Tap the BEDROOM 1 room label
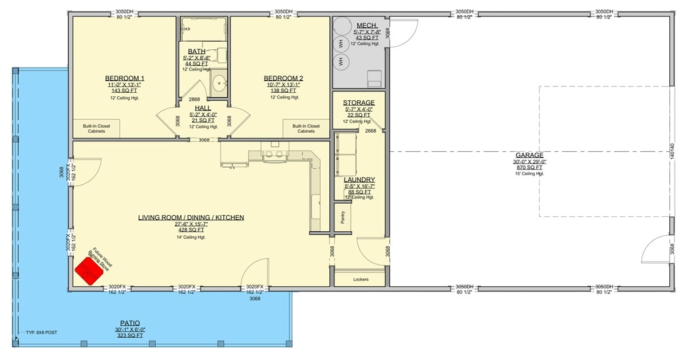click(x=124, y=78)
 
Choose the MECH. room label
click(x=366, y=26)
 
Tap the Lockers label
click(x=361, y=279)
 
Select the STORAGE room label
click(x=359, y=103)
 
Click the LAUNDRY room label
click(x=360, y=180)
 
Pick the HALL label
click(x=202, y=108)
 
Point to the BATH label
click(x=196, y=52)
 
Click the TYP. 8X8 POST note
click(x=41, y=333)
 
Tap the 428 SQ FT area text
click(x=191, y=230)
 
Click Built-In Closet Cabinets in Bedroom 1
click(x=96, y=128)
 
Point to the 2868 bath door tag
click(x=195, y=100)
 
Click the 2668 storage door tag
click(x=370, y=131)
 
